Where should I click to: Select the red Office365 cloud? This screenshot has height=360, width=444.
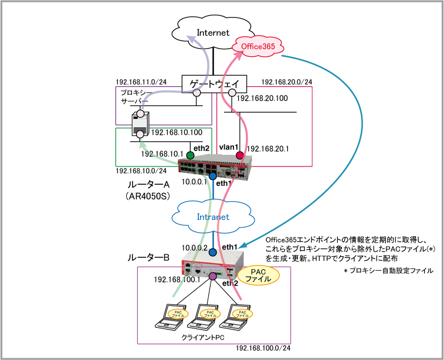(x=258, y=46)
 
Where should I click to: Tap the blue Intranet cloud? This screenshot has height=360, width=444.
(x=212, y=216)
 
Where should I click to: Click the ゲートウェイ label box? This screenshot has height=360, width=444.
(x=214, y=84)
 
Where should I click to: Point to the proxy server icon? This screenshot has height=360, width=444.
(x=140, y=122)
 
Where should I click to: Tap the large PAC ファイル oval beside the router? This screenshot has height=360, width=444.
(x=257, y=276)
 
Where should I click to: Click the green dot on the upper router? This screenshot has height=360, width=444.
(x=189, y=155)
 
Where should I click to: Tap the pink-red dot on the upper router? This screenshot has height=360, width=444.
(x=239, y=155)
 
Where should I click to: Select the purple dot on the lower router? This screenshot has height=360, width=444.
(x=212, y=276)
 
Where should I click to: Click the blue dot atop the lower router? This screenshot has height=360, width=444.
(x=212, y=252)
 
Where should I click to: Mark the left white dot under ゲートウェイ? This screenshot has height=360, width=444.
(x=196, y=93)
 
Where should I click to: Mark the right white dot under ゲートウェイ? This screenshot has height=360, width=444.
(x=232, y=93)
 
